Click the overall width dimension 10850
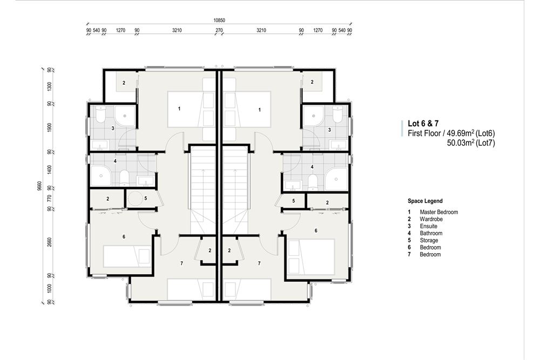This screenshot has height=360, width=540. click(219, 20)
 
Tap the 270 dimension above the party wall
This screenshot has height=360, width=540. click(219, 31)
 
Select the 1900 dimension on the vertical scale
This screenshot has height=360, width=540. click(49, 127)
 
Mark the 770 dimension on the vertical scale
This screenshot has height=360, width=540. click(49, 199)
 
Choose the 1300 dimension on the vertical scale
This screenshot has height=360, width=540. click(49, 86)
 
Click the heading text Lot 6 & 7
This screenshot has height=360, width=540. click(423, 124)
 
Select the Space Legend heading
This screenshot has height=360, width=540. click(425, 201)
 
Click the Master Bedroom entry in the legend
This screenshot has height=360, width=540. click(438, 212)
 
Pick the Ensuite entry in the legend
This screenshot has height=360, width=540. click(428, 226)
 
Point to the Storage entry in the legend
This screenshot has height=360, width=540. click(429, 240)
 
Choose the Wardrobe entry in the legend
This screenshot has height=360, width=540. click(431, 219)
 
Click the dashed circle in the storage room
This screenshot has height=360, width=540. click(137, 199)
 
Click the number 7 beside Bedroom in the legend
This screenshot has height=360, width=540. click(409, 254)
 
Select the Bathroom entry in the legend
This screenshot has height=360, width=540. click(431, 233)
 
